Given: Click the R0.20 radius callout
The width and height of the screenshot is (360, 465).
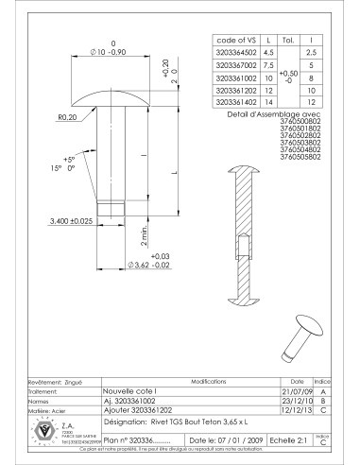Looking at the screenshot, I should (68, 117).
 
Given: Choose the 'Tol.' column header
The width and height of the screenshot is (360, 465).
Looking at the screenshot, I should (291, 41).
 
